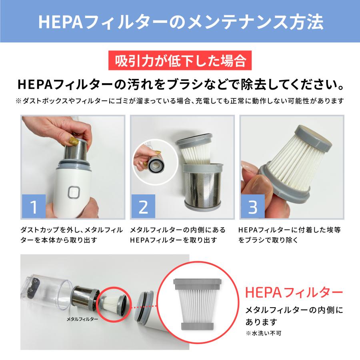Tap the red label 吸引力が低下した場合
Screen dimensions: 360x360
[x=180, y=61]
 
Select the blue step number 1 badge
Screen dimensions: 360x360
[x=34, y=206]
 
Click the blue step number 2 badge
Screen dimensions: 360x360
[x=143, y=206]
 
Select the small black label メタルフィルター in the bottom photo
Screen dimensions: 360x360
[x=82, y=319]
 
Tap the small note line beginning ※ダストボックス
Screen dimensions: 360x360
[x=180, y=101]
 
